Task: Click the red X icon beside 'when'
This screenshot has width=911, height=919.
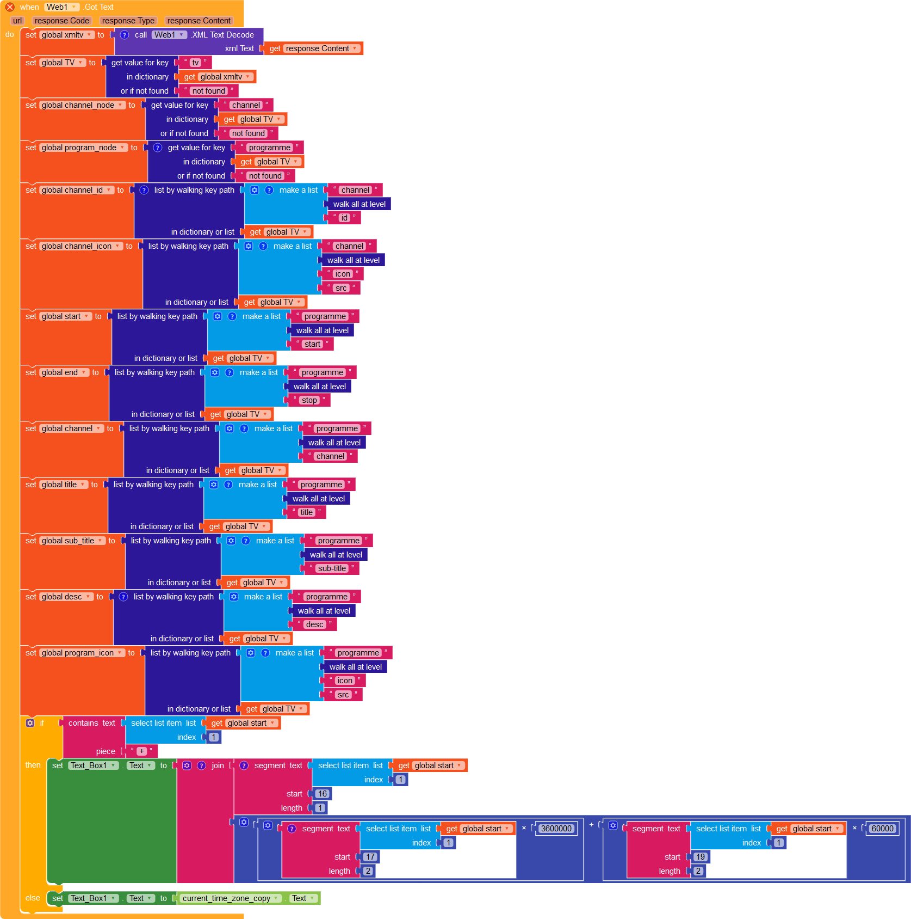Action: point(10,7)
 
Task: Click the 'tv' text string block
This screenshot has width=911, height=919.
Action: point(195,63)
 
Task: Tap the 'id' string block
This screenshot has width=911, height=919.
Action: point(344,218)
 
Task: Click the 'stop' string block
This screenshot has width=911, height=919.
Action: point(309,400)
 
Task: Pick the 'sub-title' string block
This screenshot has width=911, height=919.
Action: point(332,568)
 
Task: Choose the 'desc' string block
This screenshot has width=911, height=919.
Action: point(314,624)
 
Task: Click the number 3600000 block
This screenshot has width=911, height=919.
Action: point(556,829)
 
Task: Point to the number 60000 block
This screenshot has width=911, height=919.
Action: point(882,829)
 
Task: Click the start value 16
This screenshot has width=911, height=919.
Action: point(322,794)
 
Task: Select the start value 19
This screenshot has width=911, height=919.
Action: point(700,857)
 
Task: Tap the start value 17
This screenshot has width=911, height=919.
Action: point(370,857)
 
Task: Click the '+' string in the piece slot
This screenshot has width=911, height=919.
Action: point(141,751)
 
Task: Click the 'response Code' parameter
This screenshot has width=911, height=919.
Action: point(62,21)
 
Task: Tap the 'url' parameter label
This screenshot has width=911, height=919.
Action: point(17,21)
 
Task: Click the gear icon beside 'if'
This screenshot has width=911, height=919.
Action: point(30,723)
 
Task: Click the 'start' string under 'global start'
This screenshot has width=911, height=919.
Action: point(312,344)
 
